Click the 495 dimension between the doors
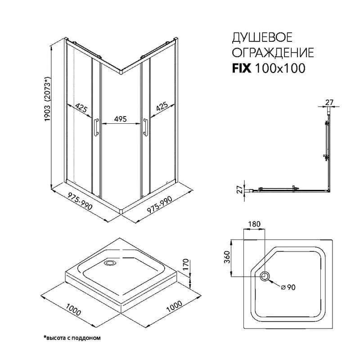(120, 119)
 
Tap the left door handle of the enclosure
(96, 127)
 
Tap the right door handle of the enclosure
(145, 127)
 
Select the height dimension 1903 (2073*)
(48, 99)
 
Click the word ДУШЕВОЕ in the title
(262, 37)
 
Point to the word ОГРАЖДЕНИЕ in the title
(273, 53)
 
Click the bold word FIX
(242, 68)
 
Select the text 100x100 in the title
(280, 68)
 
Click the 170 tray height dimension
(185, 264)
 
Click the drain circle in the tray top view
(265, 276)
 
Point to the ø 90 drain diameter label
(288, 287)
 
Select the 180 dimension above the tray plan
(254, 224)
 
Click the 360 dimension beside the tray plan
(227, 257)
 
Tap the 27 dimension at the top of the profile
(329, 102)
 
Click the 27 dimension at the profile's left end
(240, 189)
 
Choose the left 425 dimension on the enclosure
(81, 108)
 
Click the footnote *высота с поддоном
(72, 338)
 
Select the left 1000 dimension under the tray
(73, 309)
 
